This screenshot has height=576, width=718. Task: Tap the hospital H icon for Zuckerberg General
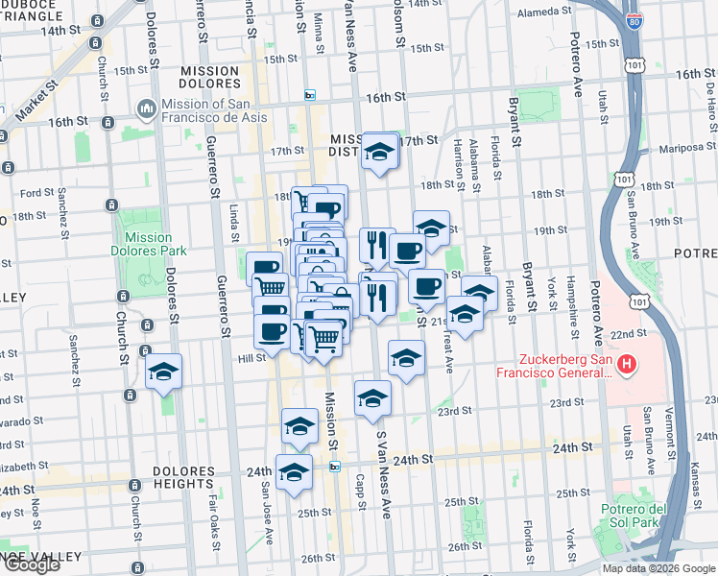627,364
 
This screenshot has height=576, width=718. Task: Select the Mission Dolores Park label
148,245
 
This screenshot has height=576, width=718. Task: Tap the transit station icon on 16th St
309,95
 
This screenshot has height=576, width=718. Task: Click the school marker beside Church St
164,372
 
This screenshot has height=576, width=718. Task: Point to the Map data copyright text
658,568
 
